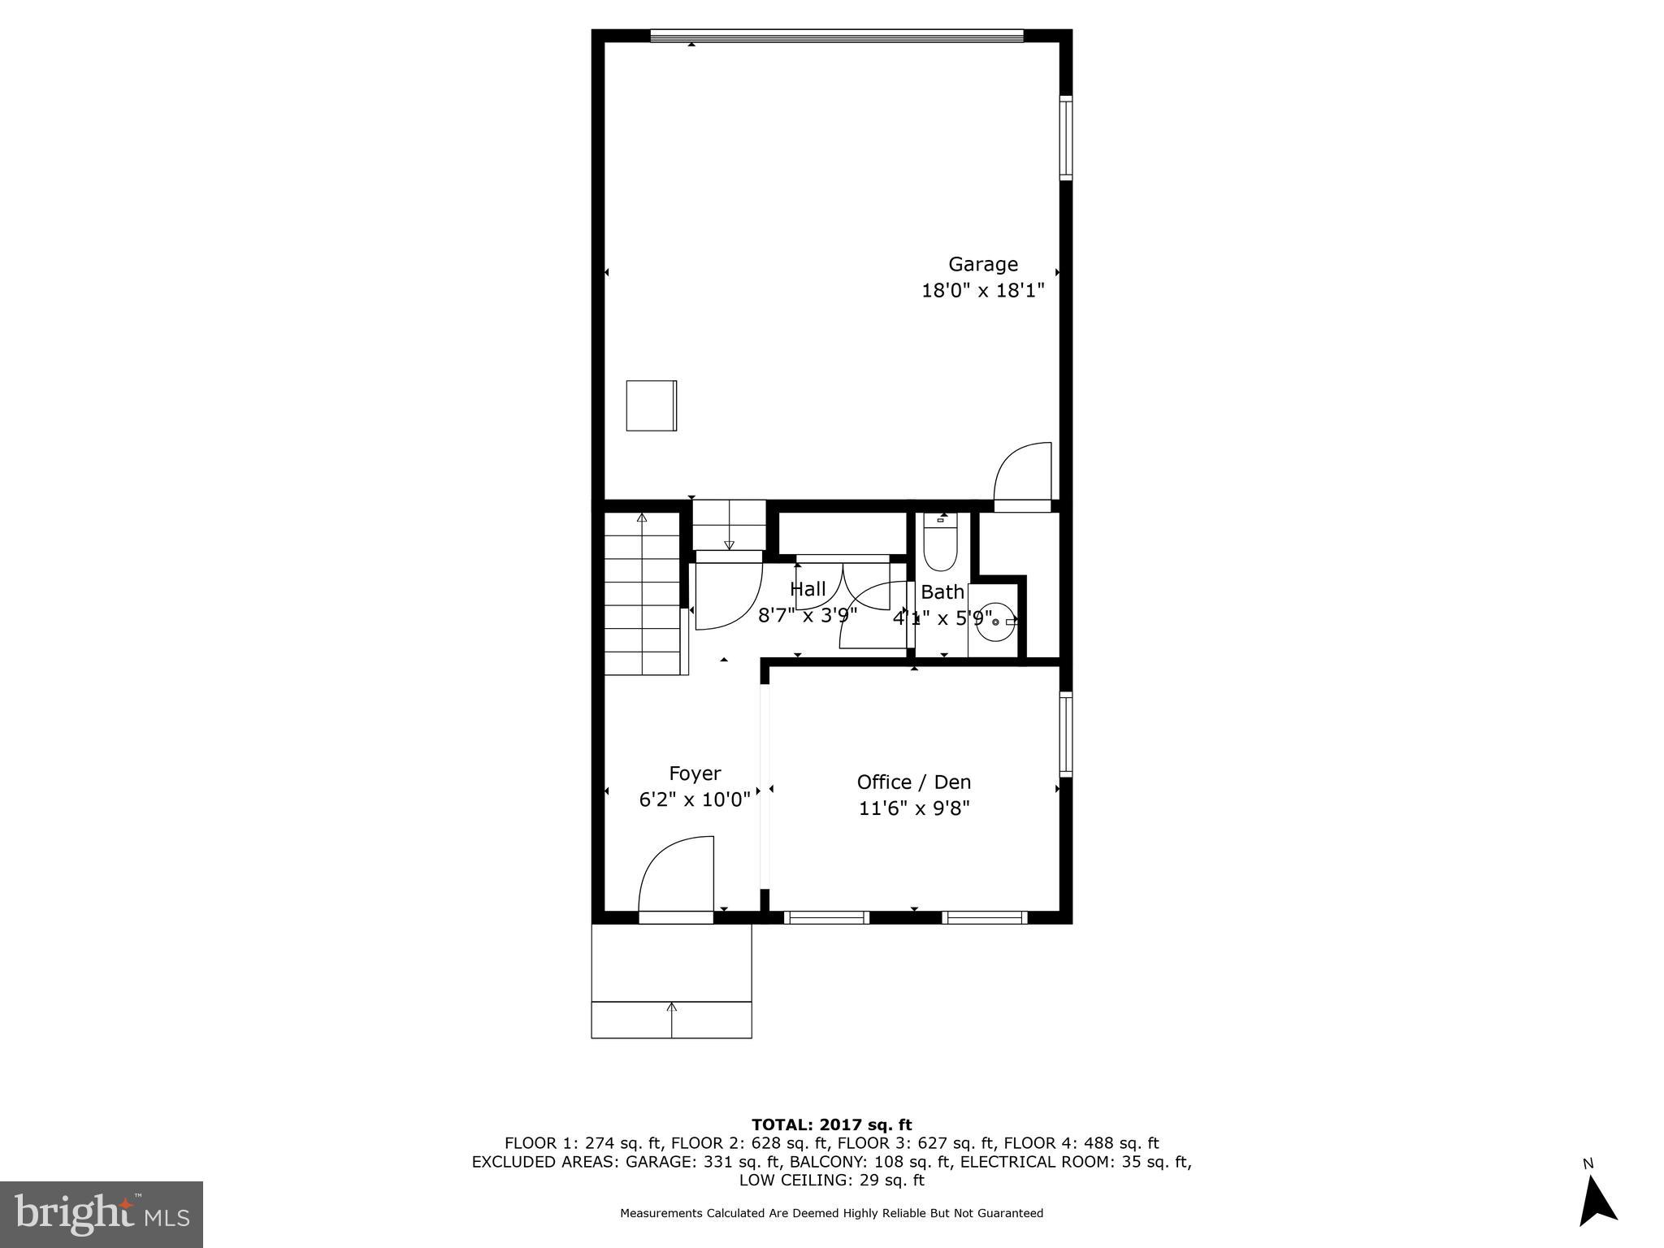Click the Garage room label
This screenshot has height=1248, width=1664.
tap(982, 264)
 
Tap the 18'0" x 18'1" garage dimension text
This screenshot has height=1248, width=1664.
tap(982, 291)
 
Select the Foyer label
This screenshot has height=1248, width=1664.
tap(694, 773)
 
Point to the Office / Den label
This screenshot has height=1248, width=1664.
tap(913, 782)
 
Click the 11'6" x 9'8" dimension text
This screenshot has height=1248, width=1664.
tap(914, 808)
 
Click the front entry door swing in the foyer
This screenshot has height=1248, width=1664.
tap(677, 876)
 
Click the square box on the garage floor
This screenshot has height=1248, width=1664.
tap(651, 405)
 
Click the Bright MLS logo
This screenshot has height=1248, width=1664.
tap(102, 1214)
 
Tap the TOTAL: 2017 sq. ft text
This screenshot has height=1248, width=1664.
tap(831, 1124)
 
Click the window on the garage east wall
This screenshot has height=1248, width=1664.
tap(1065, 137)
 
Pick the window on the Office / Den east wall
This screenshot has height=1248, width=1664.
tap(1065, 734)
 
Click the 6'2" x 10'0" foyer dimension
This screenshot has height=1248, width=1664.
tap(694, 800)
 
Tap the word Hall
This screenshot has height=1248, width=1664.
tap(808, 589)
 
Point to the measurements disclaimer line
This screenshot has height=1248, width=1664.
tap(831, 1213)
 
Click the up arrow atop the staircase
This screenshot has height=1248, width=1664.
tap(642, 518)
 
